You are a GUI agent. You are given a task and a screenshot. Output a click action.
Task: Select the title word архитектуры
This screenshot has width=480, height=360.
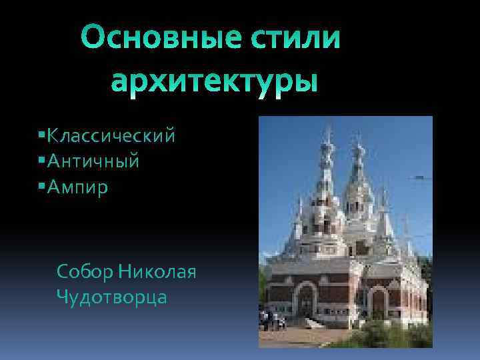[x=213, y=83]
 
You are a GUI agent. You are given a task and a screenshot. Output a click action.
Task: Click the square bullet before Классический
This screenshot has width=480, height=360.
[x=42, y=136]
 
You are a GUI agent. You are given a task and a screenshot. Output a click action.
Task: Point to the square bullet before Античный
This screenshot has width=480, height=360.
[x=42, y=161]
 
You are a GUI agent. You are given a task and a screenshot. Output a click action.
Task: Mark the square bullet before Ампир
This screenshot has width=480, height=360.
[x=42, y=186]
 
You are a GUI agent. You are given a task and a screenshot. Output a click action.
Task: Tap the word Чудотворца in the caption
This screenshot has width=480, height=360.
[x=112, y=297]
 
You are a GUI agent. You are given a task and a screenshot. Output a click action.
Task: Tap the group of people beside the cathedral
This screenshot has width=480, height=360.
[x=273, y=320]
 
